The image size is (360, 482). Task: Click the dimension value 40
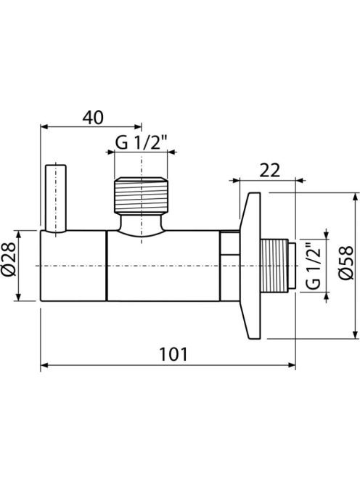(x=94, y=117)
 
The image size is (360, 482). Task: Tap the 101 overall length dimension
(x=173, y=354)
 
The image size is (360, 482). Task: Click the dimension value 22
(x=269, y=171)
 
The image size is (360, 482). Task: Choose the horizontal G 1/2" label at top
(x=141, y=142)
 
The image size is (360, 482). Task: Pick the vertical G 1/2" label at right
(x=314, y=266)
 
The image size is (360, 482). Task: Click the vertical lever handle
(x=56, y=198)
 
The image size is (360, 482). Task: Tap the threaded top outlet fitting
(x=142, y=195)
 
